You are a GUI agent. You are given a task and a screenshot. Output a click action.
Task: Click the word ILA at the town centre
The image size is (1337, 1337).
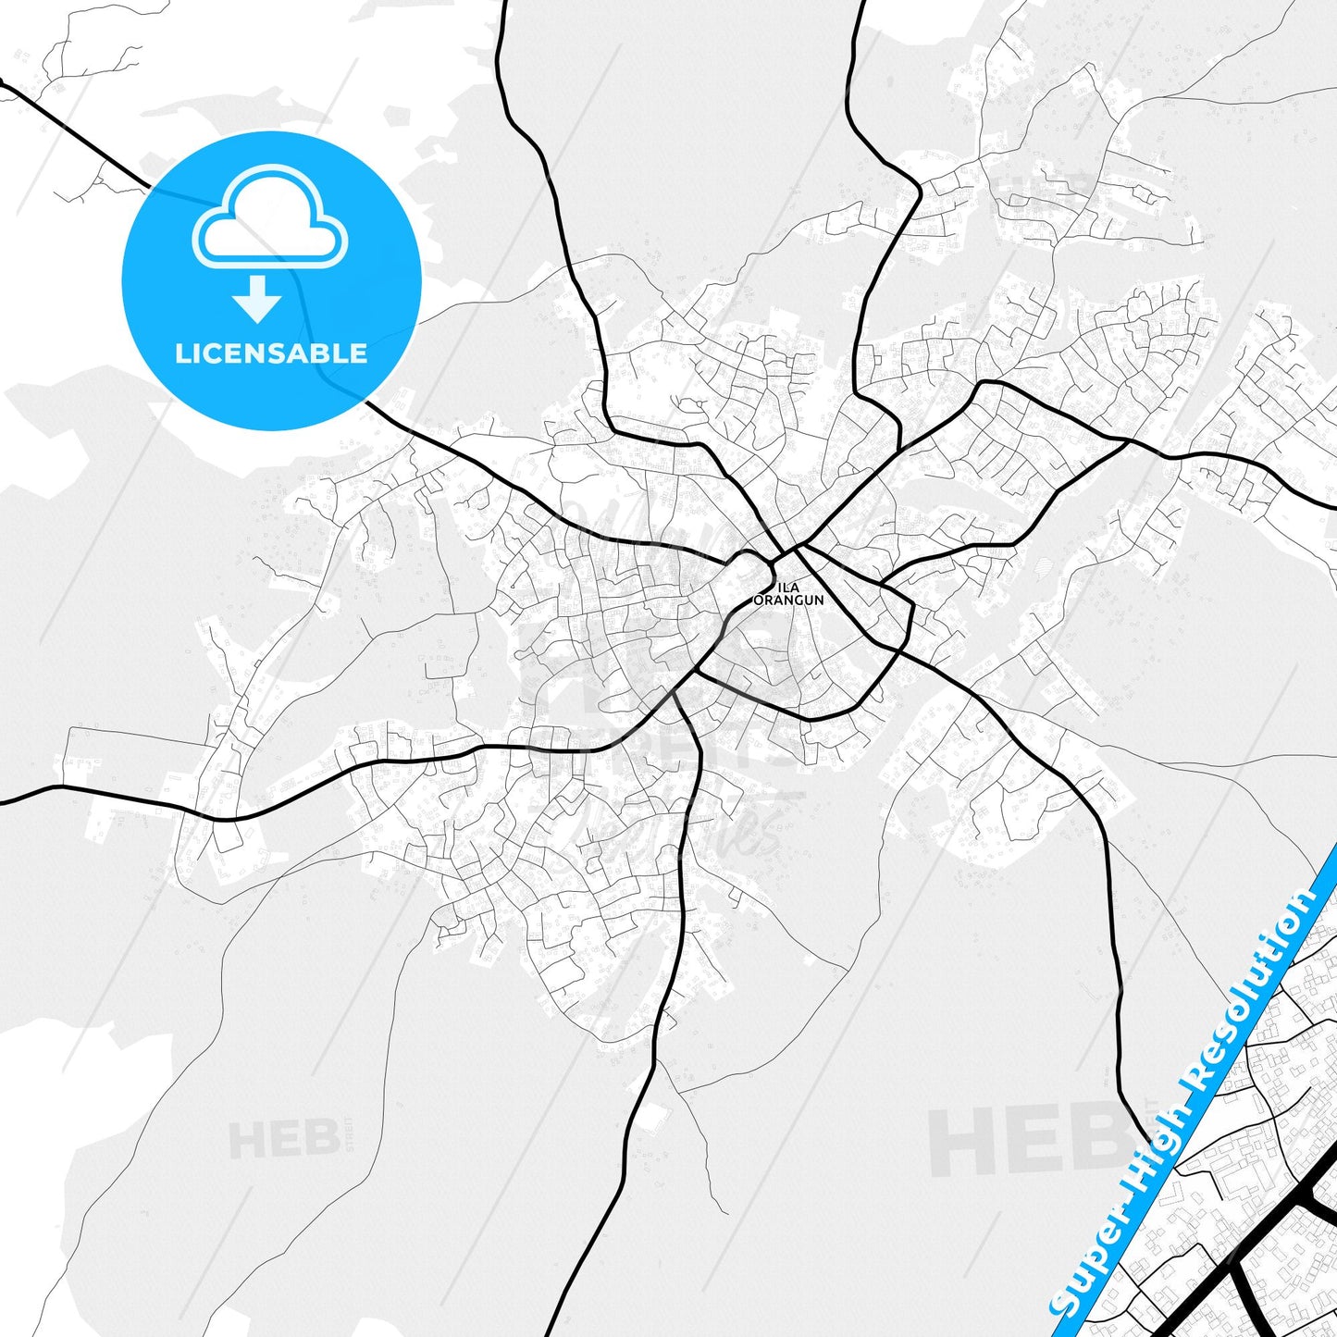coord(788,588)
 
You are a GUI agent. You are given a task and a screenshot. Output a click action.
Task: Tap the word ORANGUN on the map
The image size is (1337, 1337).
coord(788,600)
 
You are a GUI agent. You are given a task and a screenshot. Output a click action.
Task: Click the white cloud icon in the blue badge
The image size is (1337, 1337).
coord(269,219)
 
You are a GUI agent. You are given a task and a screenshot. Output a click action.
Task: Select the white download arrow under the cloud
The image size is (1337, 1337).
coord(257,298)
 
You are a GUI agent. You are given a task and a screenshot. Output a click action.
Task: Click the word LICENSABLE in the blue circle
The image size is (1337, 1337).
coord(271,353)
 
